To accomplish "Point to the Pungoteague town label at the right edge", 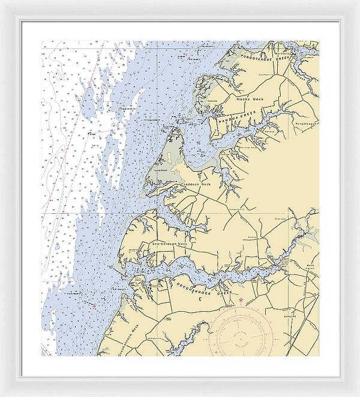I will (305, 123).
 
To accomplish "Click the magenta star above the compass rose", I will (241, 300).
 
